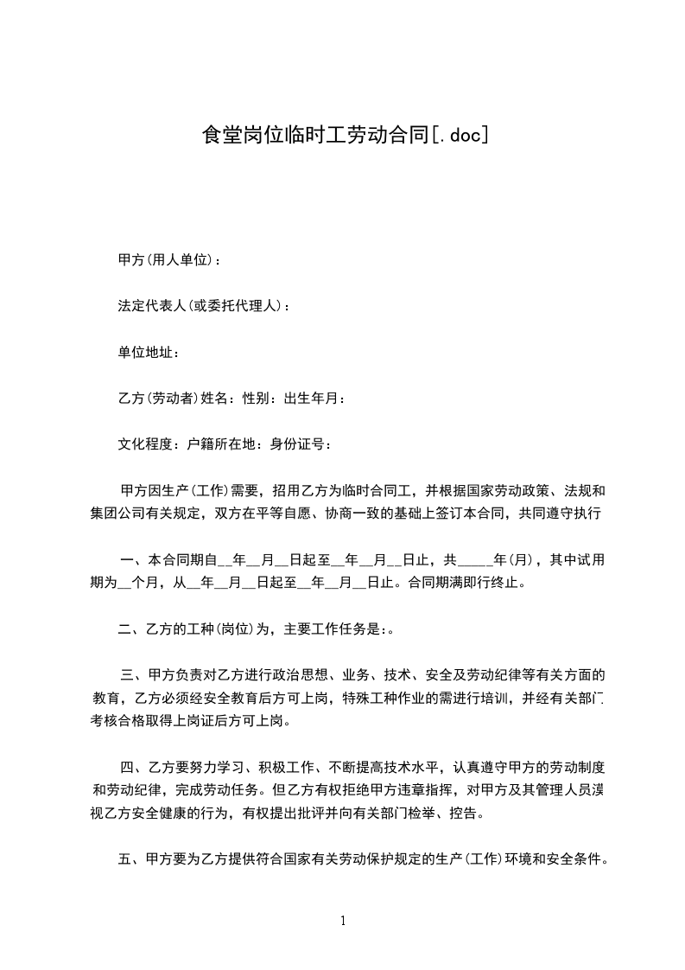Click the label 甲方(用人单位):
(x=168, y=259)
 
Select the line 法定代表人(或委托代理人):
(x=204, y=306)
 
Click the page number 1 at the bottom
(x=343, y=921)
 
